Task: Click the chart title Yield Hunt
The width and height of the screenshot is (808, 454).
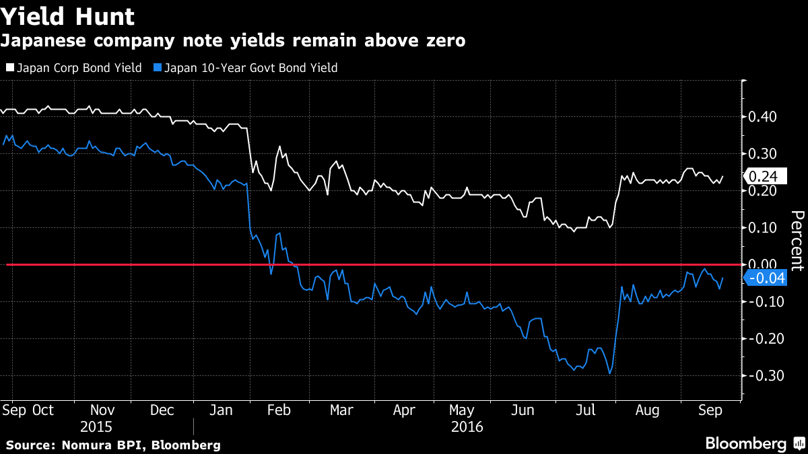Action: pyautogui.click(x=68, y=16)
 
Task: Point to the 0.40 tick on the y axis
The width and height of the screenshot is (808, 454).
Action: pyautogui.click(x=762, y=117)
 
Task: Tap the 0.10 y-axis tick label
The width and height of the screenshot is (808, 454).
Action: pyautogui.click(x=762, y=228)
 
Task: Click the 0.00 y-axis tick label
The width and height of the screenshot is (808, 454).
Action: pyautogui.click(x=762, y=265)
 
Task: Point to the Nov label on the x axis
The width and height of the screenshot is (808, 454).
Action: pyautogui.click(x=102, y=410)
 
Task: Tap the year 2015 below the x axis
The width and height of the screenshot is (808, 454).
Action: pyautogui.click(x=96, y=427)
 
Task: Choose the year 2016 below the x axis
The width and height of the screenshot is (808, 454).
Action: pyautogui.click(x=467, y=427)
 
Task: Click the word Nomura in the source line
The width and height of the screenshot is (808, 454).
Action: pyautogui.click(x=85, y=445)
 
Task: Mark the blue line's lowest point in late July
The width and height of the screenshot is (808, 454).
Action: pyautogui.click(x=609, y=374)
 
